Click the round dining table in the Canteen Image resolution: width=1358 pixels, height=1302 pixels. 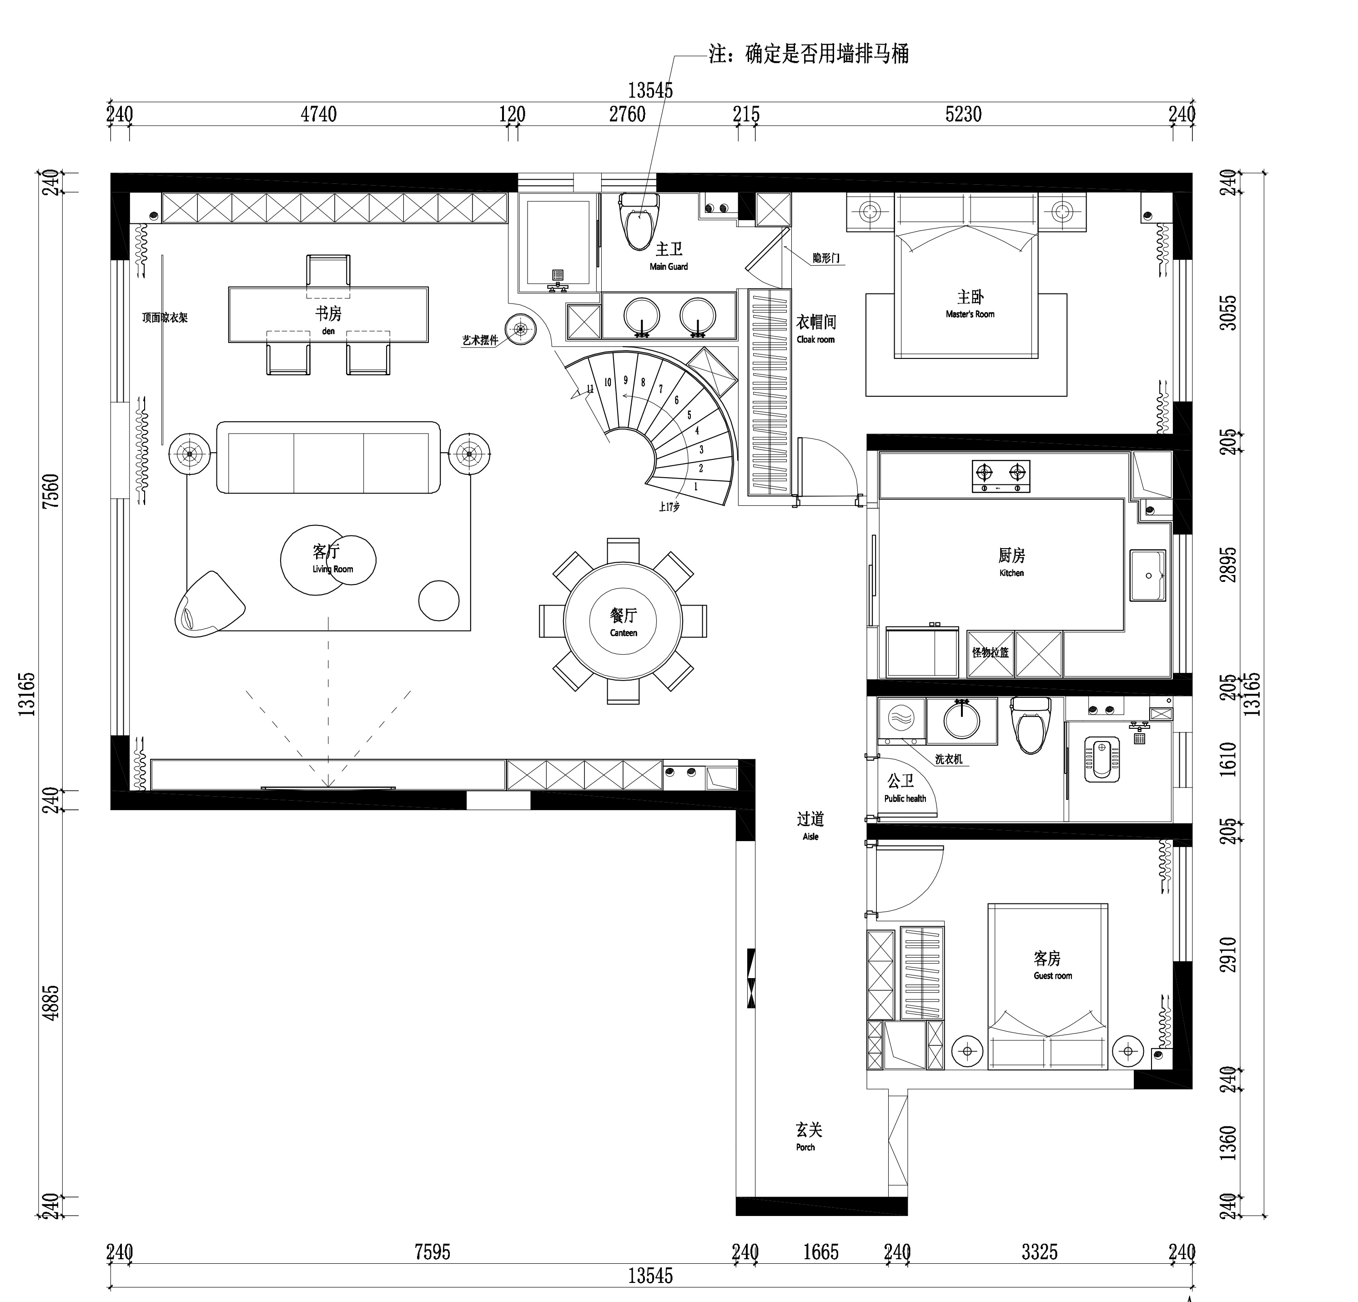[623, 621]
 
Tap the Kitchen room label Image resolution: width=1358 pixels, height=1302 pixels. [1011, 573]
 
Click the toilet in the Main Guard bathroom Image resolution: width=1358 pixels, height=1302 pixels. [639, 221]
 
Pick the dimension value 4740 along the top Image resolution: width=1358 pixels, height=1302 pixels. [319, 114]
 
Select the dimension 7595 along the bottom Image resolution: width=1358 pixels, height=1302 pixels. [433, 1252]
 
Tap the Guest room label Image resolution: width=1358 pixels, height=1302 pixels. [1052, 976]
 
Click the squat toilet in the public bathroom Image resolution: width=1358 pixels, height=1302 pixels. [1101, 758]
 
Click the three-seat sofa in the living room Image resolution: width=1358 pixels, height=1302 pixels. [328, 457]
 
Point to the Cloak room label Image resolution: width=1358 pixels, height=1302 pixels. [815, 339]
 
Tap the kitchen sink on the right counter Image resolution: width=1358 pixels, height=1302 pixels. [1148, 575]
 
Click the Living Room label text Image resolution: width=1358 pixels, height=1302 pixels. [332, 569]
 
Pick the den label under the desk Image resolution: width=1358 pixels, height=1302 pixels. [328, 331]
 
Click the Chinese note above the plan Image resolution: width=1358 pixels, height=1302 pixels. [809, 54]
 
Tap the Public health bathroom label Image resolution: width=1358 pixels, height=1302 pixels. [905, 798]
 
